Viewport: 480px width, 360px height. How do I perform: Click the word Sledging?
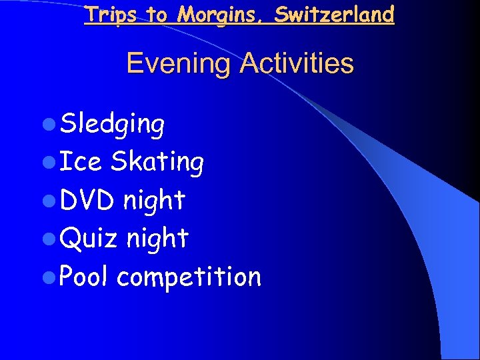click(x=112, y=124)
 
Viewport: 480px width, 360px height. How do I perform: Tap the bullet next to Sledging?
click(x=52, y=124)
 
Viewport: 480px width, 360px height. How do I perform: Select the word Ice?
click(x=81, y=161)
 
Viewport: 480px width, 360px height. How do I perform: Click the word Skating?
click(x=157, y=161)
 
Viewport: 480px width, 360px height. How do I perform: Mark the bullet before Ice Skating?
click(x=52, y=162)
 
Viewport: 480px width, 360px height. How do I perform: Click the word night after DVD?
click(x=153, y=200)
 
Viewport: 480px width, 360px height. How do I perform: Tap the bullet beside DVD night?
click(x=52, y=201)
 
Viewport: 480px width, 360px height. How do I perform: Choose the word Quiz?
click(x=89, y=239)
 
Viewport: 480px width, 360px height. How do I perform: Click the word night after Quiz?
click(x=157, y=239)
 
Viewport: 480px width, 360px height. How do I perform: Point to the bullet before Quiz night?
click(x=52, y=239)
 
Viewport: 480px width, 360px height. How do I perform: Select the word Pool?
click(x=83, y=276)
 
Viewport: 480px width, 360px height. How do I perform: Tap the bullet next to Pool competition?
click(x=52, y=277)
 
